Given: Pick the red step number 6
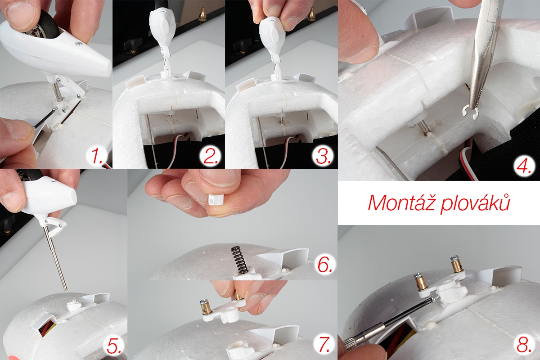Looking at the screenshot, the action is click(324, 265).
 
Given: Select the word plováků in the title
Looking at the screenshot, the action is click(475, 205).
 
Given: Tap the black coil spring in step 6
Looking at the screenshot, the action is click(238, 260).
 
